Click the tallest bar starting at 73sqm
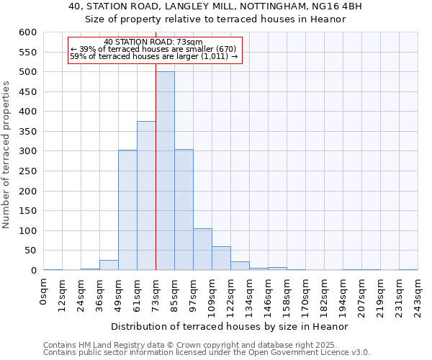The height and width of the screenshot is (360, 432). pyautogui.click(x=165, y=171)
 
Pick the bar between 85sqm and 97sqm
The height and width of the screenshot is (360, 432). pyautogui.click(x=184, y=210)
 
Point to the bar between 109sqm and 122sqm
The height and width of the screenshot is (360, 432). pyautogui.click(x=221, y=258)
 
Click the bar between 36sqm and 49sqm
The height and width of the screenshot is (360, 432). pyautogui.click(x=109, y=265)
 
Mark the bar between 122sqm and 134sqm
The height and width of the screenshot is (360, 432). pyautogui.click(x=240, y=266)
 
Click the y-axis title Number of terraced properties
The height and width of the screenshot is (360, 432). pyautogui.click(x=7, y=154)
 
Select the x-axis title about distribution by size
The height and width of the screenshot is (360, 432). pyautogui.click(x=230, y=326)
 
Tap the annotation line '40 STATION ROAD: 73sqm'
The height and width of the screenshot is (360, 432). pyautogui.click(x=153, y=42)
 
